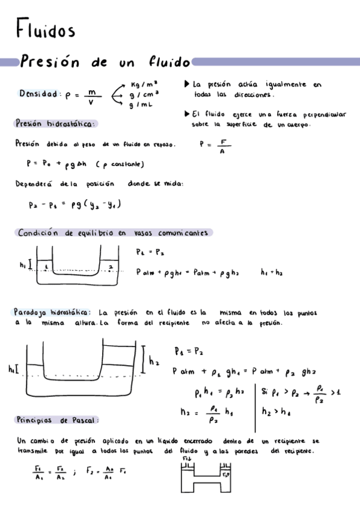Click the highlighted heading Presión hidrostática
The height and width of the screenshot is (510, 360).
(55, 123)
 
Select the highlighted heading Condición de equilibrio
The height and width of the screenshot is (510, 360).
(72, 233)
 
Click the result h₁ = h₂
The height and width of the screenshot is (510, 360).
(272, 272)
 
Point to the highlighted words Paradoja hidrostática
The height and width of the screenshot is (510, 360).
(52, 312)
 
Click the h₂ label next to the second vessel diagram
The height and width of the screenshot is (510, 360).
(153, 361)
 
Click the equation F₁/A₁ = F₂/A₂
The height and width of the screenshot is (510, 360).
(48, 472)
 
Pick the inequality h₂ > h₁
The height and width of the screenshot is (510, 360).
(276, 412)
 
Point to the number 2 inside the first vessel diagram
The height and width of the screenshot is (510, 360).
(110, 263)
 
